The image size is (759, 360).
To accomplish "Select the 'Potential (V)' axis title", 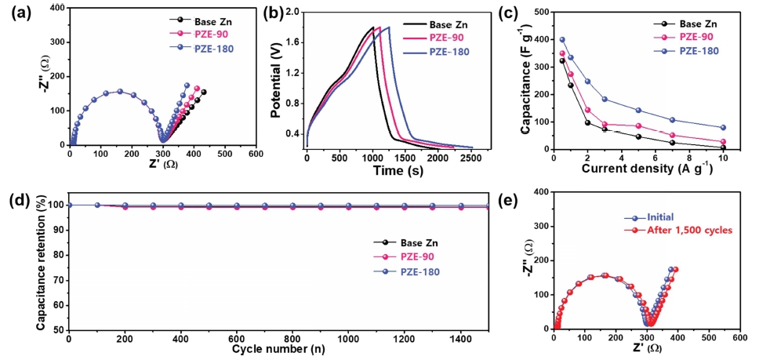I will coord(274,78).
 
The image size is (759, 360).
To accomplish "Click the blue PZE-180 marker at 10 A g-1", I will coord(722,127).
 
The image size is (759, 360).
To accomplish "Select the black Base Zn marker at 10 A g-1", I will coord(722,147).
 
